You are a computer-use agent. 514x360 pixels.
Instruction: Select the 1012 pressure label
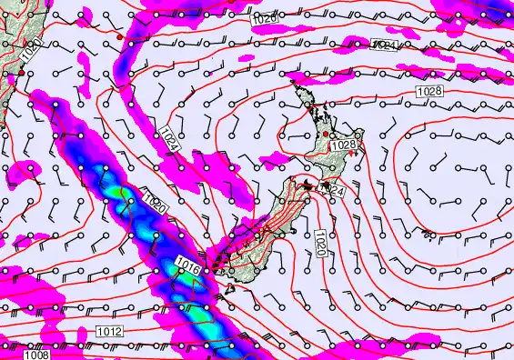pyautogui.click(x=108, y=333)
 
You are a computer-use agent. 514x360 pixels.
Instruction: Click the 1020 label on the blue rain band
pyautogui.click(x=154, y=202)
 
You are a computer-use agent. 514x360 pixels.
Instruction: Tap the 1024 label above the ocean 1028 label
pyautogui.click(x=384, y=45)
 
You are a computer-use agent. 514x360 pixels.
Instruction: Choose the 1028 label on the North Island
pyautogui.click(x=343, y=145)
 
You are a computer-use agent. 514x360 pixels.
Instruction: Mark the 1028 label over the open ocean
pyautogui.click(x=429, y=92)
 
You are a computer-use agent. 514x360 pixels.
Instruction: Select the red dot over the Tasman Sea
pyautogui.click(x=118, y=36)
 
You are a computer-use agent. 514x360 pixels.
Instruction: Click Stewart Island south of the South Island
pyautogui.click(x=228, y=289)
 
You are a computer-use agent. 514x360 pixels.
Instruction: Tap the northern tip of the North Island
pyautogui.click(x=293, y=81)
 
